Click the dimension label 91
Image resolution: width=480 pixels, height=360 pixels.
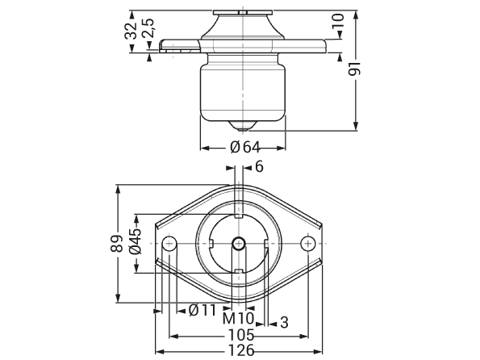[x=355, y=69]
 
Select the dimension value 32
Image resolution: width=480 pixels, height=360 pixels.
[x=131, y=31]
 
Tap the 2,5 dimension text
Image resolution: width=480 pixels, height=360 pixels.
[x=148, y=28]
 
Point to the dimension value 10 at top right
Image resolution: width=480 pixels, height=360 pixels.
[x=339, y=21]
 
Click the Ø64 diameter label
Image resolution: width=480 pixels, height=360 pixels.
[x=245, y=148]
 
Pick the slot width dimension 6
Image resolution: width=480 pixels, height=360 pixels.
[x=259, y=167]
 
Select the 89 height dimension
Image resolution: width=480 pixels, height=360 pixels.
[x=117, y=244]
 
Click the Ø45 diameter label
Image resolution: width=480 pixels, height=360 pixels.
[x=136, y=241]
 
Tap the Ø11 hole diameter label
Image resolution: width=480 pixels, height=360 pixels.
[x=202, y=311]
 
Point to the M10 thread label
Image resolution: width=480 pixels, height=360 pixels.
[x=239, y=319]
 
